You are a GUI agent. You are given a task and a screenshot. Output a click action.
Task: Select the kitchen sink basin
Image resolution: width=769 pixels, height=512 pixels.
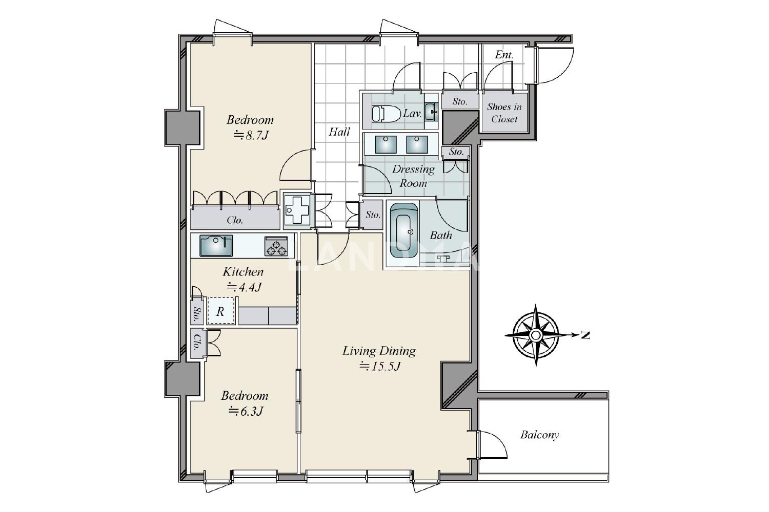point(216,246)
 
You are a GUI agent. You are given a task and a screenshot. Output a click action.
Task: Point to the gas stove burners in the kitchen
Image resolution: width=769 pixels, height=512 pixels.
point(276,246)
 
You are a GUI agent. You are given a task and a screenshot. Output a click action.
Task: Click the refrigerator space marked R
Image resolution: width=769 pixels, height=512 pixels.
point(221,311)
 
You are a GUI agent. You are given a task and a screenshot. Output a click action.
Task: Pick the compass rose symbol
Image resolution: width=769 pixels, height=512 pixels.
point(536,335)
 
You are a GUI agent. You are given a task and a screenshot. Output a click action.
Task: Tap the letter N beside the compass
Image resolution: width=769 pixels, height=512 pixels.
point(585,335)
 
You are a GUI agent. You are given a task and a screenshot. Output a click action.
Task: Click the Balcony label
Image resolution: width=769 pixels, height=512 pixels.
point(539,435)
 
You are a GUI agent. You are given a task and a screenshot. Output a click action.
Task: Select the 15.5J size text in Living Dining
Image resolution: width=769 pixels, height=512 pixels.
point(379,367)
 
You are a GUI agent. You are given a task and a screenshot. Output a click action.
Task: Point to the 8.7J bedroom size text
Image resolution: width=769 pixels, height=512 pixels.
point(251,136)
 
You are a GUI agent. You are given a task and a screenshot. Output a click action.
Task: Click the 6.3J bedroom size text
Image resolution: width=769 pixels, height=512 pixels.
point(246,411)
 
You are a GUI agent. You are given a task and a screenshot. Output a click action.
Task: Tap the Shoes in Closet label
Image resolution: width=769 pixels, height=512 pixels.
point(504,113)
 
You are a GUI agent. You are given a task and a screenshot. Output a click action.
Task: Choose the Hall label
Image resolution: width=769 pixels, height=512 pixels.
point(339,132)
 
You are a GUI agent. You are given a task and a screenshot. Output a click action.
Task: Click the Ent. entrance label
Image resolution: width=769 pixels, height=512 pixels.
point(504,55)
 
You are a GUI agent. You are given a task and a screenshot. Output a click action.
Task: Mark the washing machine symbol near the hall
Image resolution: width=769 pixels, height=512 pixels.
point(298,210)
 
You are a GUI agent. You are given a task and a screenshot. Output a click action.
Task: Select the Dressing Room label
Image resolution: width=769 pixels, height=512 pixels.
point(413,176)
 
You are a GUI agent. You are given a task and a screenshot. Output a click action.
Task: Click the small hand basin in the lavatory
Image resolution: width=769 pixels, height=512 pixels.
point(431,112)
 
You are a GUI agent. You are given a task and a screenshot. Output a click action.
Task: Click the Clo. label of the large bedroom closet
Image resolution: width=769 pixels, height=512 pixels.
point(235,220)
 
